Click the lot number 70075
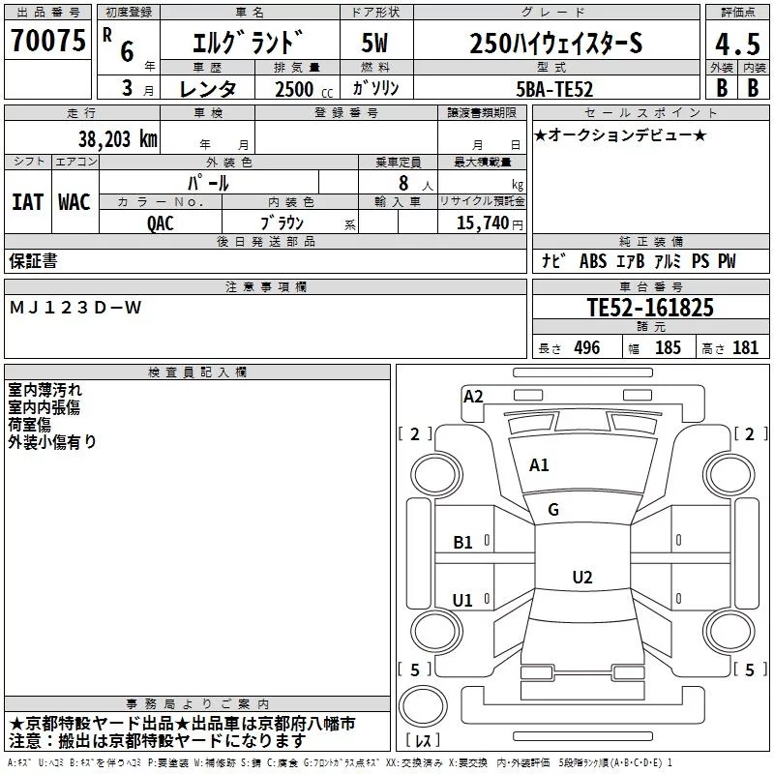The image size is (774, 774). coord(47,41)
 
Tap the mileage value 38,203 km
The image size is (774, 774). coord(118,138)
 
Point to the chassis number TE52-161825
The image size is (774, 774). coord(650,308)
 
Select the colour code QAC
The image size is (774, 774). coord(161,221)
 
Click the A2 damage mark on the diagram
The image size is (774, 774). coord(473,396)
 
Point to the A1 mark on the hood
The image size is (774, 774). coord(539,465)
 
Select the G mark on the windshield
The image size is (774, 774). coord(553,510)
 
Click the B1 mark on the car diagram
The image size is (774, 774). coord(463,543)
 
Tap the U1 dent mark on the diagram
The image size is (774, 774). coord(462,601)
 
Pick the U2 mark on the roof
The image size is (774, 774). coord(581,578)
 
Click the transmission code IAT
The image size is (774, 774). coord(28,201)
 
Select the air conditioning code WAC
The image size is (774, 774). coord(74,201)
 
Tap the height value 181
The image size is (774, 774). coord(746,348)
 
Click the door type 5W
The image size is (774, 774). coord(374,44)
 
